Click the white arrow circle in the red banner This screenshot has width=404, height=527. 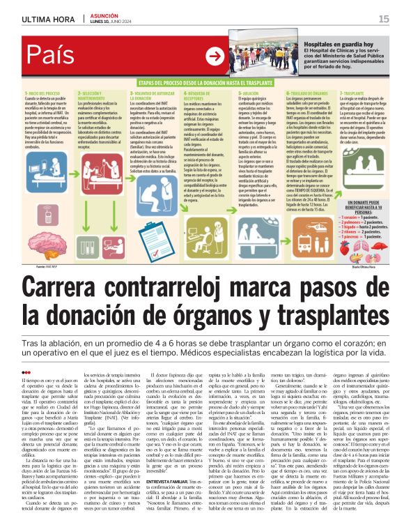(216, 56)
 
